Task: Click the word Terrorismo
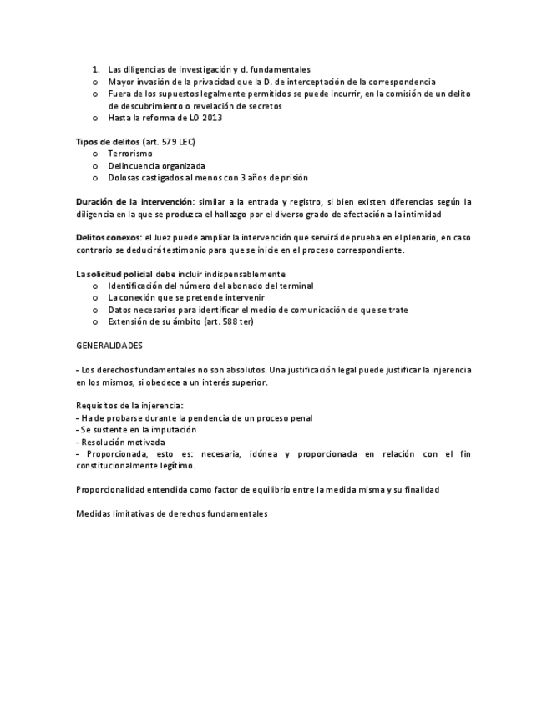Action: [130, 154]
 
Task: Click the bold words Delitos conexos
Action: [107, 239]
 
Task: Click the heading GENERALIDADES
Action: [109, 345]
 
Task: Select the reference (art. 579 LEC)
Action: [170, 142]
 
